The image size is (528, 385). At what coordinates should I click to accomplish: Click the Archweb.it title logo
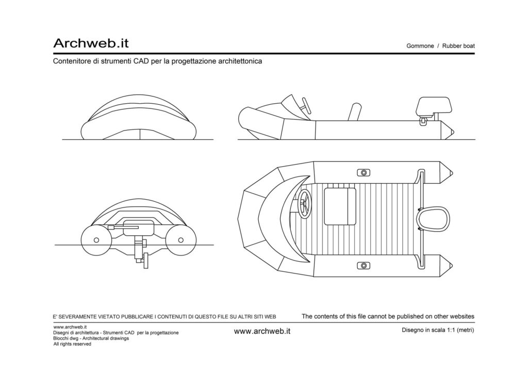(x=91, y=43)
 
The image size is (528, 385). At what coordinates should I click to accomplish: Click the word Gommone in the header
(x=420, y=46)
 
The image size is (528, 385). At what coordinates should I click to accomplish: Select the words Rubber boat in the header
(x=458, y=46)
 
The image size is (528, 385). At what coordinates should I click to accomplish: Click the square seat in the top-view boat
(x=340, y=206)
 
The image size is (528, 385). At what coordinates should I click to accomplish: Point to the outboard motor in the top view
(x=433, y=219)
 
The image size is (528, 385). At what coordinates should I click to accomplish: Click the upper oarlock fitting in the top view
(x=364, y=172)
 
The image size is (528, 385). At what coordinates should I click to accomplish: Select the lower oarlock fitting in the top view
(x=364, y=266)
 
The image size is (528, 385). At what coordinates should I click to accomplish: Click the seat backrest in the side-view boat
(x=355, y=111)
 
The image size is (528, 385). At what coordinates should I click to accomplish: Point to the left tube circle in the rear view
(x=96, y=240)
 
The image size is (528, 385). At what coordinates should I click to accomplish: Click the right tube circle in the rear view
(x=180, y=240)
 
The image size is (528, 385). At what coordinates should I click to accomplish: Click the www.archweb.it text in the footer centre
(x=262, y=331)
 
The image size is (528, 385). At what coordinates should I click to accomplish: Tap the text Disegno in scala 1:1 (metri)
(x=438, y=330)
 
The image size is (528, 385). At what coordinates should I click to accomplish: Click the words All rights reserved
(x=72, y=344)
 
